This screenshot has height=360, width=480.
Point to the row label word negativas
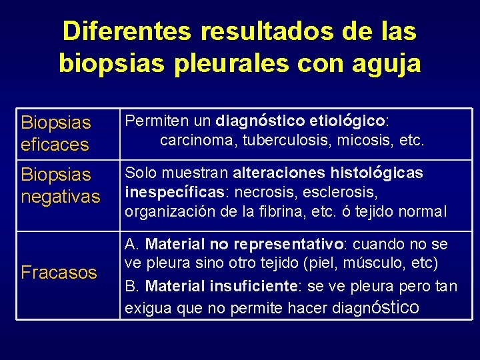pos(61,197)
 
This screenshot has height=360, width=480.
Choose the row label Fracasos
pos(59,272)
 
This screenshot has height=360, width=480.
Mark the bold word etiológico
pos(346,121)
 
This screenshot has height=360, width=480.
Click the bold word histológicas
pos(377,173)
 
